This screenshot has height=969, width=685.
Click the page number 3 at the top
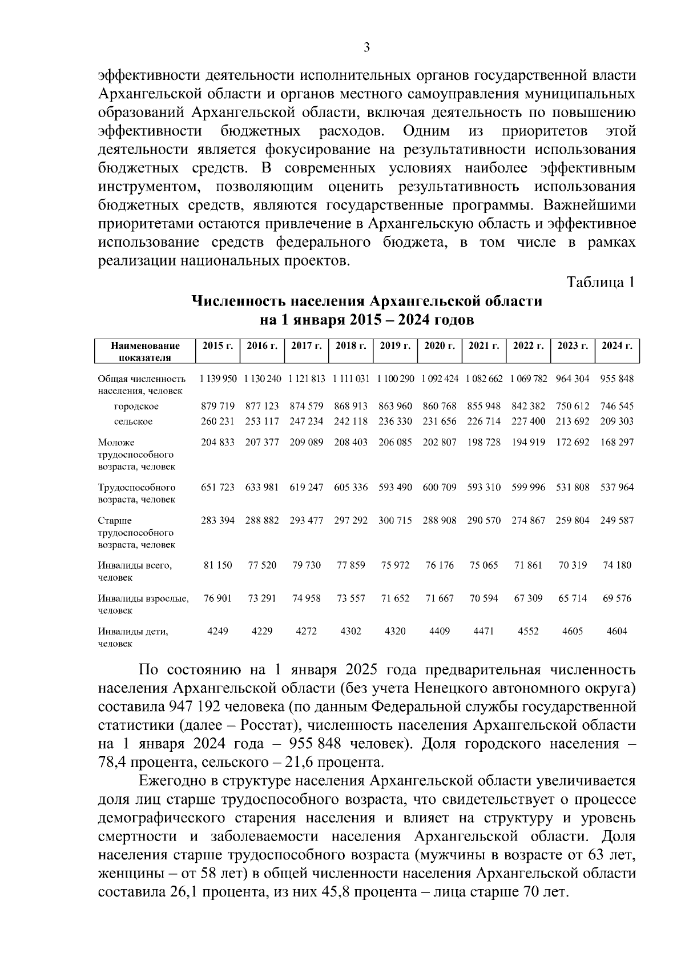click(366, 48)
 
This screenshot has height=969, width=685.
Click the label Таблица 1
click(600, 283)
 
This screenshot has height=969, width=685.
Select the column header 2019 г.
click(395, 346)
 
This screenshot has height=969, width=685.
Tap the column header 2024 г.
click(616, 346)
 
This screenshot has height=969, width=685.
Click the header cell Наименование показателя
click(145, 352)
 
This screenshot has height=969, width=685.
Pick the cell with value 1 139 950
click(218, 379)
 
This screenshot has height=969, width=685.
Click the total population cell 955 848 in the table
click(617, 379)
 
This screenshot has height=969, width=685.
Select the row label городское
click(136, 407)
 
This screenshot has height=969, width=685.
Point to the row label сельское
click(133, 421)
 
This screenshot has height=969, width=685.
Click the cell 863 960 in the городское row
click(395, 407)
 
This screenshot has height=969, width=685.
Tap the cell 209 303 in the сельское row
click(617, 421)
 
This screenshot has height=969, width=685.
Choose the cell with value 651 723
click(218, 488)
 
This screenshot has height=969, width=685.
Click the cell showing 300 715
click(395, 521)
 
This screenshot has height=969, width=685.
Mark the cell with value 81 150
click(218, 565)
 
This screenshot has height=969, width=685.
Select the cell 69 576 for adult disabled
click(617, 598)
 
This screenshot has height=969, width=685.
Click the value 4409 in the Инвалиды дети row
click(440, 632)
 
